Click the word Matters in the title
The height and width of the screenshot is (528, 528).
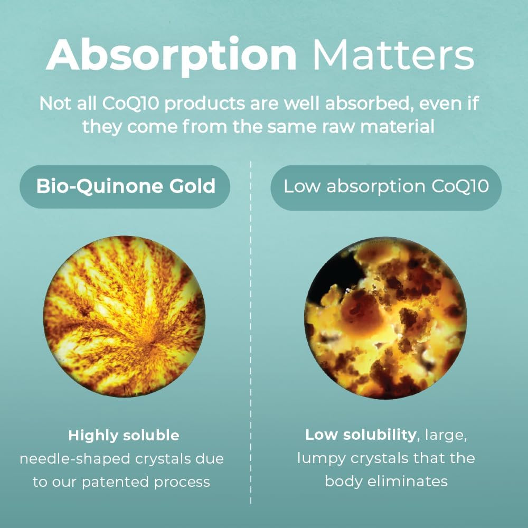tap(393, 55)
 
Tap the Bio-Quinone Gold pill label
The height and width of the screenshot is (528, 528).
tap(125, 186)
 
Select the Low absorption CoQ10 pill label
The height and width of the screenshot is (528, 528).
tap(386, 187)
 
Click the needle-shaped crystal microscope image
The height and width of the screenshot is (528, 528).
tap(125, 316)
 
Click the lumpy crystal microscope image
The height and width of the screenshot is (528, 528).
tap(386, 316)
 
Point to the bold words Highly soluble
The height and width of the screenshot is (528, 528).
tap(124, 436)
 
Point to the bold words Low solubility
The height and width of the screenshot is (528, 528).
tap(361, 436)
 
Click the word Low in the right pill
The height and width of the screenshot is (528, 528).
tap(301, 187)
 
